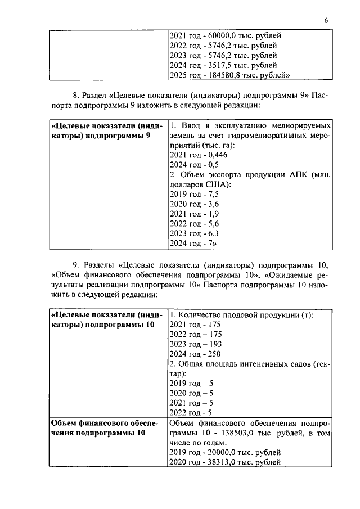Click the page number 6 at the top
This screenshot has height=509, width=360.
click(x=326, y=21)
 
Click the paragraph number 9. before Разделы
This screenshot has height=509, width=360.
click(x=75, y=265)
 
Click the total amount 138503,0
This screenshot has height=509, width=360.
click(x=234, y=433)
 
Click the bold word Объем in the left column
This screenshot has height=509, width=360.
click(x=64, y=423)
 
